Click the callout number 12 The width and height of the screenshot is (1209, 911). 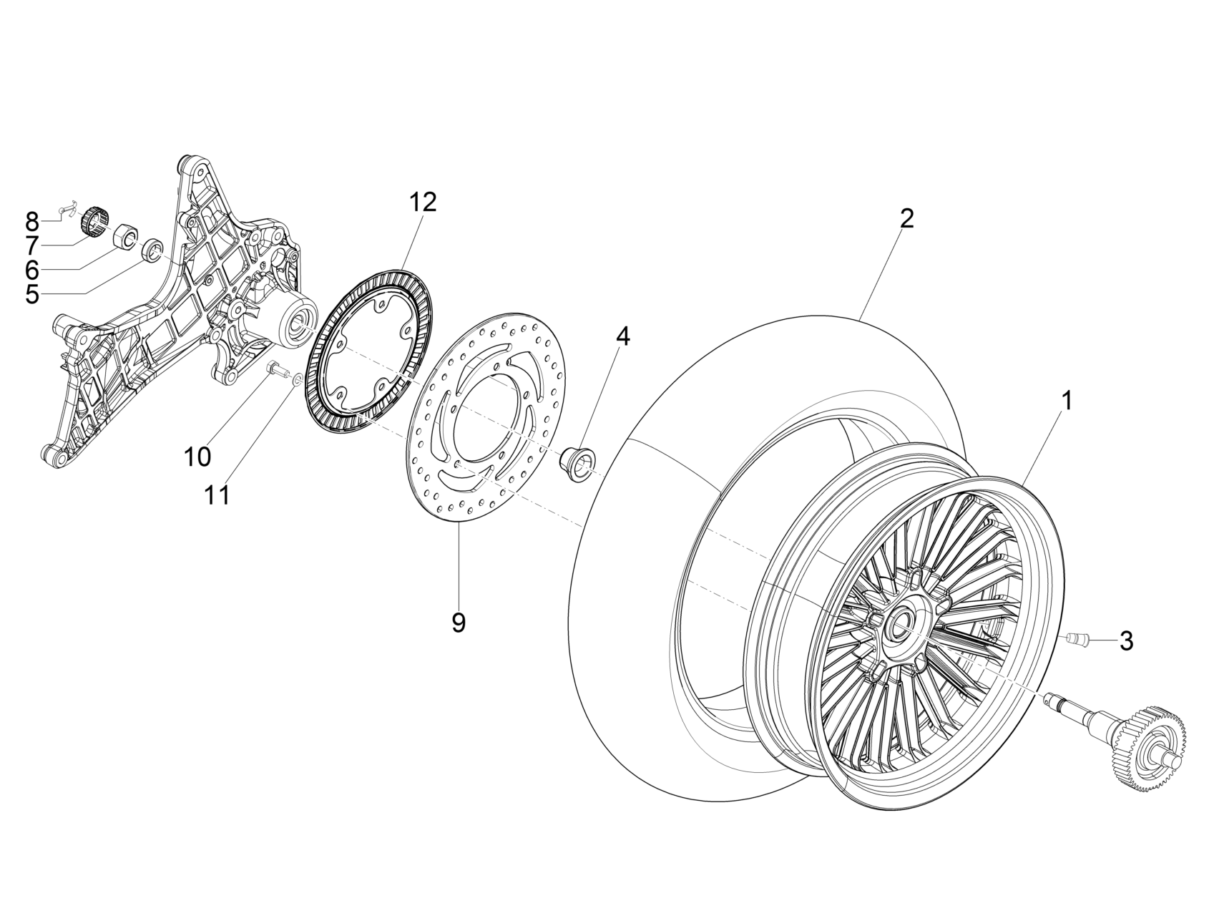[422, 203]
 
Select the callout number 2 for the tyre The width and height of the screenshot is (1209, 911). [906, 218]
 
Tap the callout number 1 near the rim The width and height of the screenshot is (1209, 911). [1067, 401]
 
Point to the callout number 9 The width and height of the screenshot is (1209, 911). [459, 623]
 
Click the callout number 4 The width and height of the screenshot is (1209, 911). [623, 336]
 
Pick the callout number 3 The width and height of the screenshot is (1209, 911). [1126, 641]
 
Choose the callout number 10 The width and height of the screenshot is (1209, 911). [197, 456]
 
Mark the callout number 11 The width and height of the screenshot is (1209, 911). [217, 495]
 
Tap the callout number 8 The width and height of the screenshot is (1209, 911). [32, 220]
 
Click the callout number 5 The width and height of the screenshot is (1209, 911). [32, 294]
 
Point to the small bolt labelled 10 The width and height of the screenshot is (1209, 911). [275, 369]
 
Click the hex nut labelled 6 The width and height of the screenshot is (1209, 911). [127, 235]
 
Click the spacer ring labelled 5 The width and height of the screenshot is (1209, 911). [153, 251]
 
